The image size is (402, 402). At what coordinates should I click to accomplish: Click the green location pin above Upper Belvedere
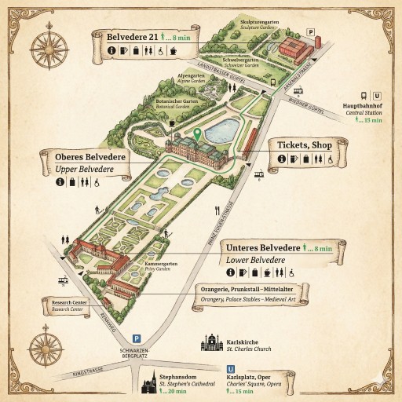198,134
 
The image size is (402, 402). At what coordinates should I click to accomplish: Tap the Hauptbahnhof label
362,105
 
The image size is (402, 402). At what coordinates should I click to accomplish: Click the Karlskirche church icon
211,344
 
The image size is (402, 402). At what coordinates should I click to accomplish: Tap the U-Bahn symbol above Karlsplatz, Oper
231,367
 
